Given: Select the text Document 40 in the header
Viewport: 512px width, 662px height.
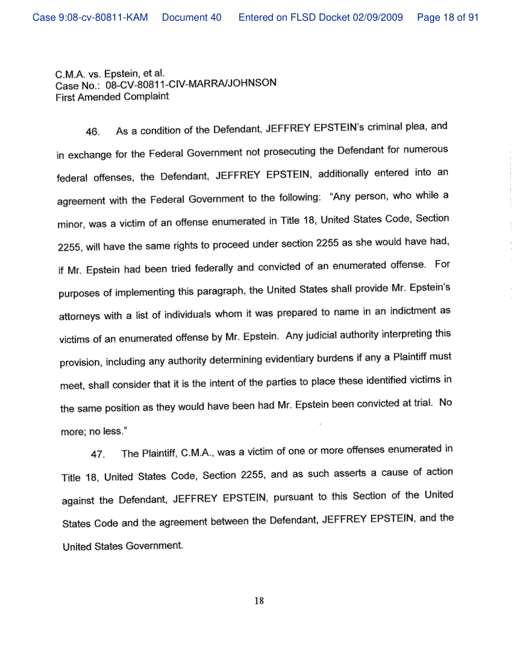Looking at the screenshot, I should click(x=191, y=18).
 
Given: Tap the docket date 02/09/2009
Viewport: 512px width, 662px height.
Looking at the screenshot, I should click(x=378, y=18).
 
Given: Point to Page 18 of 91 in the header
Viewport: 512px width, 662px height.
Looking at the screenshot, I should click(x=447, y=18).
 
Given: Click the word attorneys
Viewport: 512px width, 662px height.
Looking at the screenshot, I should click(x=80, y=313).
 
